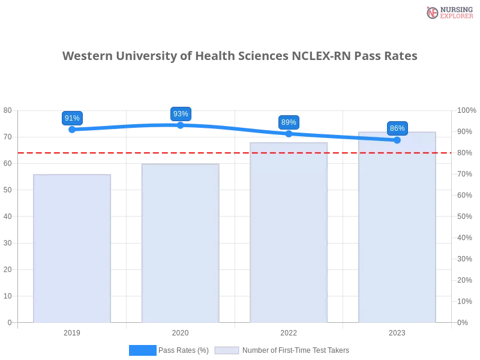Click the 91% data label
click(x=72, y=118)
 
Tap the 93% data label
click(x=181, y=114)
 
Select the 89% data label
click(x=289, y=122)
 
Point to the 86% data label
click(x=397, y=128)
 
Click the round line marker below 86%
click(x=397, y=140)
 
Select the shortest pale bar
click(x=72, y=249)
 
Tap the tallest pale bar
click(x=396, y=227)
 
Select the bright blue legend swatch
click(x=143, y=350)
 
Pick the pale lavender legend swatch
click(x=227, y=350)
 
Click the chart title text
click(x=240, y=56)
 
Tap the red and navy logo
click(x=448, y=13)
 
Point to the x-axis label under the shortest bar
click(x=72, y=331)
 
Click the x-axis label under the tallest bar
click(x=397, y=331)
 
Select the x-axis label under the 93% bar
click(x=180, y=331)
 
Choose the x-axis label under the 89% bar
click(x=289, y=331)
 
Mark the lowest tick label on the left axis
click(x=8, y=322)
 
